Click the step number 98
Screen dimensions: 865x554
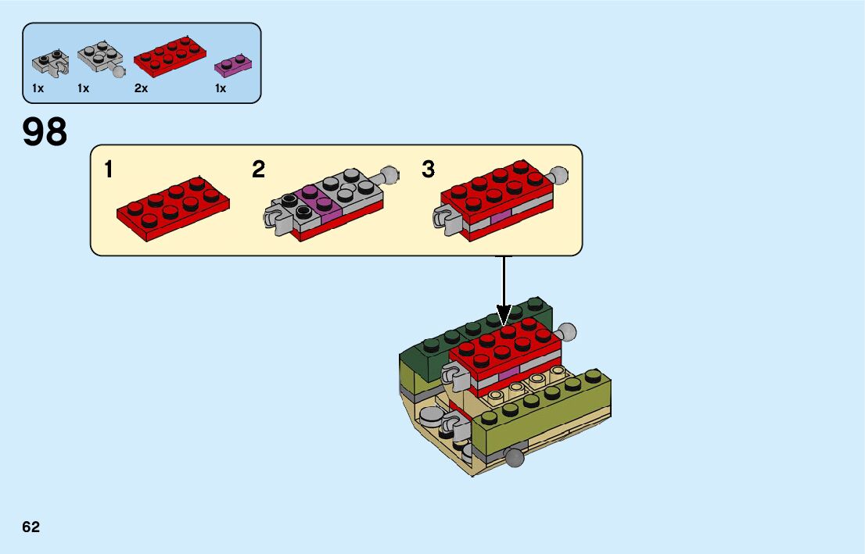point(45,132)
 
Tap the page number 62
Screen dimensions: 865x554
point(31,527)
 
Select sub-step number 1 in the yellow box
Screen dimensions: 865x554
point(109,170)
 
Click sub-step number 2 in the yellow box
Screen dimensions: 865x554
point(259,170)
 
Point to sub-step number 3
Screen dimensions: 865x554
point(428,170)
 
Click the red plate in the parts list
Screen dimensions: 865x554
point(170,56)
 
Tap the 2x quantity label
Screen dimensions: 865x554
point(141,89)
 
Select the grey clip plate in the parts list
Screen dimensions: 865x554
point(47,63)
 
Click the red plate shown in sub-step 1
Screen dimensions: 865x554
point(174,206)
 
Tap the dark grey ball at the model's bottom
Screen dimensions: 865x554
point(515,458)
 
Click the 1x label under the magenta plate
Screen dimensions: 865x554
point(221,89)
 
